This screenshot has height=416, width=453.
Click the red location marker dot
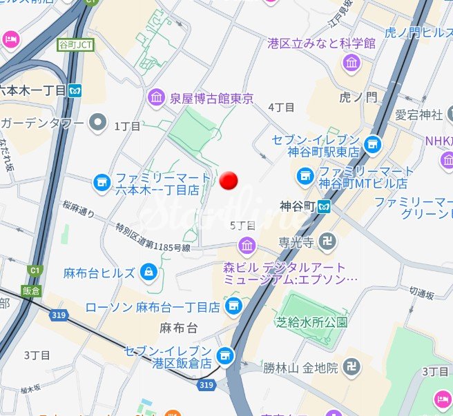coord(229,180)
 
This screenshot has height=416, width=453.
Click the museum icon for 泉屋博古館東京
coord(156,98)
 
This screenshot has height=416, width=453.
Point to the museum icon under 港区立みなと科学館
coord(351,64)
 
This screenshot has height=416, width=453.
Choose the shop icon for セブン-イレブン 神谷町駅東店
coord(374,144)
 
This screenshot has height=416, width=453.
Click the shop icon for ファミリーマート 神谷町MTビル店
coord(305,177)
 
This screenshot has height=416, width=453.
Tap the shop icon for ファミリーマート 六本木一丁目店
coord(102,182)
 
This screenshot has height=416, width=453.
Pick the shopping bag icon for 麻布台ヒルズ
coord(148,273)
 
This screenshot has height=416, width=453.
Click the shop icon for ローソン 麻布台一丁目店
coord(233,306)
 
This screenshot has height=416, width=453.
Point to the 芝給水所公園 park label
coord(311,322)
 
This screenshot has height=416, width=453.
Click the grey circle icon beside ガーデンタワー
coord(99,123)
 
